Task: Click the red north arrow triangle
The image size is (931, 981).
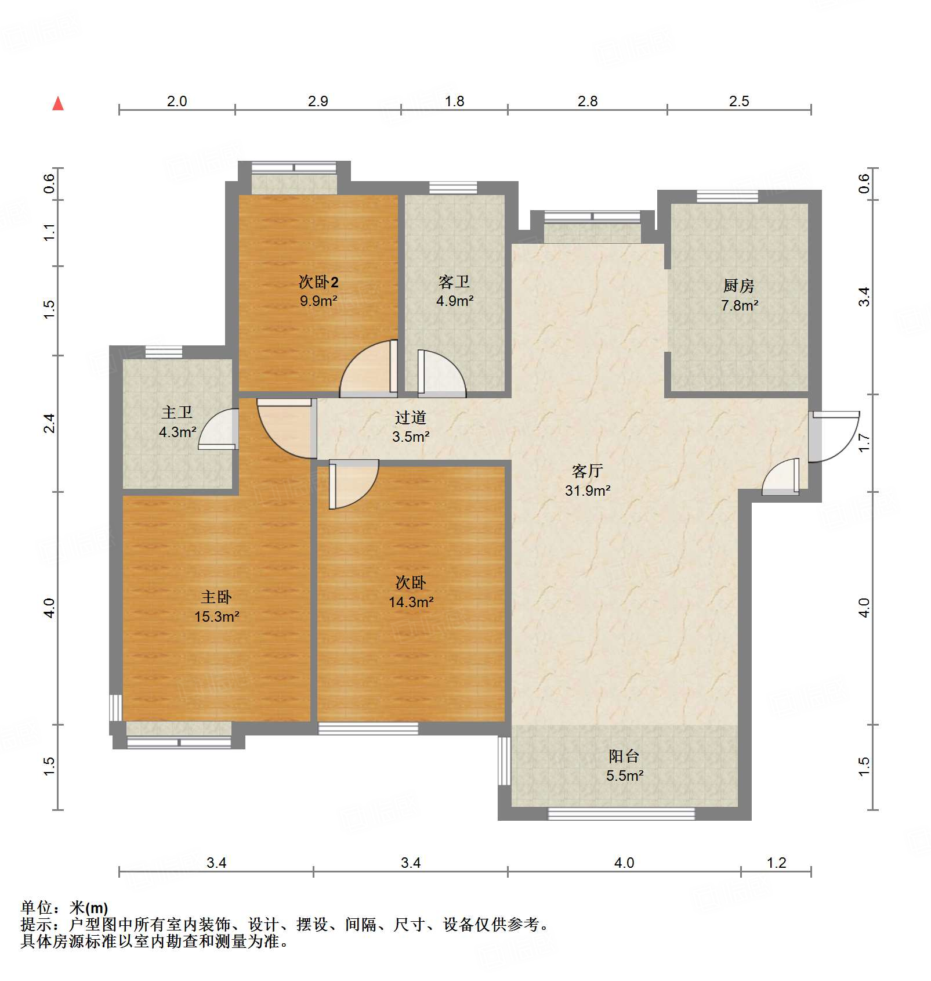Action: pyautogui.click(x=58, y=104)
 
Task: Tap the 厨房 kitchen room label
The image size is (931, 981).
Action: pyautogui.click(x=738, y=286)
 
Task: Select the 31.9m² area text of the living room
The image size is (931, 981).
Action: pyautogui.click(x=587, y=490)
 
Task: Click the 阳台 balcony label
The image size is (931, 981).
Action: pyautogui.click(x=624, y=756)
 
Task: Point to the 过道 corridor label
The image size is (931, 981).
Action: pyautogui.click(x=410, y=417)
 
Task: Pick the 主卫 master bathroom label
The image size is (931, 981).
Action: pyautogui.click(x=177, y=412)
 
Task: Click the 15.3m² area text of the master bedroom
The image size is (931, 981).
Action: pyautogui.click(x=216, y=616)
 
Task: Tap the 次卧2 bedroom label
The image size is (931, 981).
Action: pyautogui.click(x=318, y=282)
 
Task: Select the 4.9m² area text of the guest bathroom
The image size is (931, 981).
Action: pyautogui.click(x=454, y=301)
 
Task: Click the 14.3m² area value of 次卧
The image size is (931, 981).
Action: pyautogui.click(x=411, y=602)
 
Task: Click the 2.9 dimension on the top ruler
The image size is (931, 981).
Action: pyautogui.click(x=318, y=101)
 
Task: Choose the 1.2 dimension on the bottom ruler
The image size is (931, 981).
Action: pyautogui.click(x=776, y=863)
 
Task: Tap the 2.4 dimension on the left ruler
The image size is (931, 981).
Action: pyautogui.click(x=50, y=423)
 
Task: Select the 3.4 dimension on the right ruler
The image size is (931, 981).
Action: pyautogui.click(x=864, y=297)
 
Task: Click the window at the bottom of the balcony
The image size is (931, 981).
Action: pyautogui.click(x=621, y=814)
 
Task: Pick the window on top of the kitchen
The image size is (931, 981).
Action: pyautogui.click(x=727, y=196)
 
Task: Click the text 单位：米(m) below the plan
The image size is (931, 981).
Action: pyautogui.click(x=64, y=907)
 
